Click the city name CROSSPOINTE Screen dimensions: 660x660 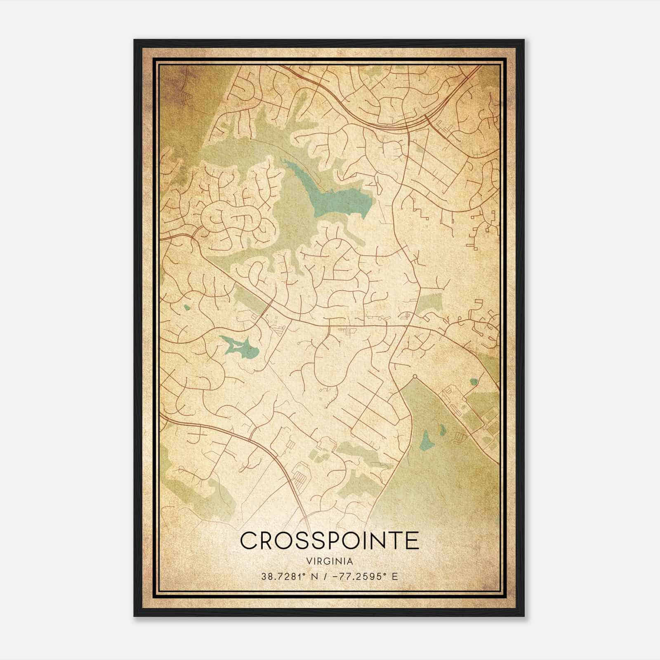329,540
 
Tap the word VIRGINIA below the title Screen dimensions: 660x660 330,561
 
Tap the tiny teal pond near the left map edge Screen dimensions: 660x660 187,307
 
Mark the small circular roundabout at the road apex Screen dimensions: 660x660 415,376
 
